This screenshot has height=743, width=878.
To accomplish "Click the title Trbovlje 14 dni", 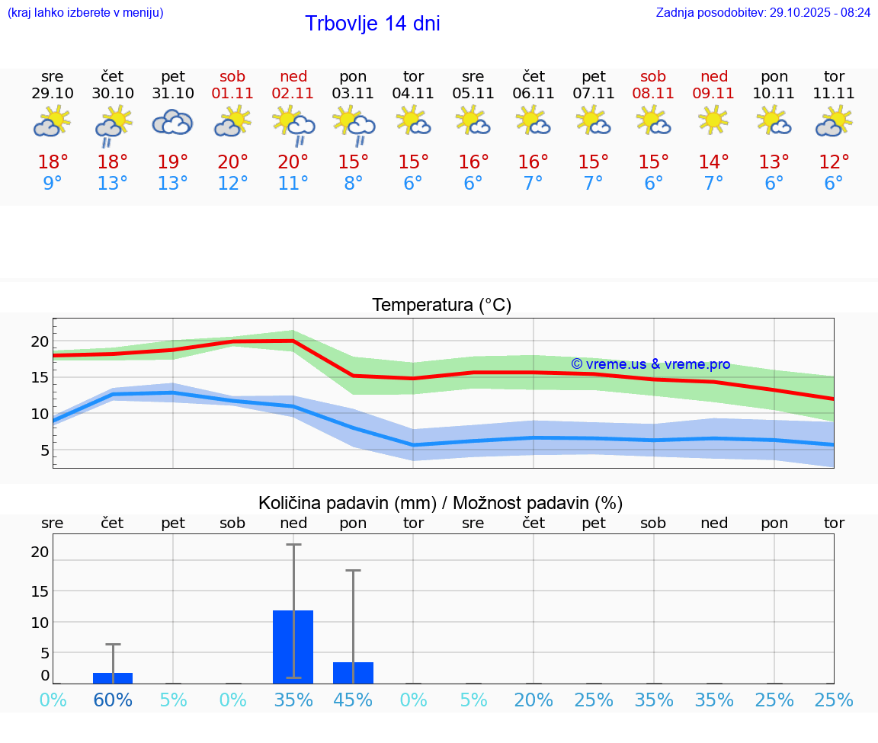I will [x=372, y=24].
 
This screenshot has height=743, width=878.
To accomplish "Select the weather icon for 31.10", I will [x=172, y=122].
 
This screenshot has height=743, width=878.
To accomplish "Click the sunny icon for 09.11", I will [x=713, y=120].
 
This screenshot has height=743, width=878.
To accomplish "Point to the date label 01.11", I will [x=232, y=94].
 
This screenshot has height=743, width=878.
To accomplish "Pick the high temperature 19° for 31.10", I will [x=173, y=162].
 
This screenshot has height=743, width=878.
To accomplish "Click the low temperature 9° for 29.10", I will [x=53, y=184].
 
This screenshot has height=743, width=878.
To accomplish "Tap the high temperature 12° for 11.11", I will [x=834, y=162].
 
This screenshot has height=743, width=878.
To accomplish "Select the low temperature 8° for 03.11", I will [x=353, y=184].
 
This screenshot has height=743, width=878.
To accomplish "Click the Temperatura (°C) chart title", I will [x=441, y=306].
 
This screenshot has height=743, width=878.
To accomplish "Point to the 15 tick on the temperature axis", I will [x=40, y=377].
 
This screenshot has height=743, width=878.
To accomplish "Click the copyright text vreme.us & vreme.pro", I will [x=650, y=364].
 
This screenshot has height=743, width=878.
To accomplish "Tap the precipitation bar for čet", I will [x=113, y=678].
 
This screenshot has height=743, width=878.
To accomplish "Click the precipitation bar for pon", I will [x=353, y=673].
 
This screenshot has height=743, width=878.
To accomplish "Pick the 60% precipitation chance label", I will [x=113, y=700].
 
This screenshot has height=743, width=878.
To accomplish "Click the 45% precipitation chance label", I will [x=353, y=700].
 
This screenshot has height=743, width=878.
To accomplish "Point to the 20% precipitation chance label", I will [x=534, y=700].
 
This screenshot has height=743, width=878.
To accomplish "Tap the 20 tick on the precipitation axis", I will [x=40, y=552].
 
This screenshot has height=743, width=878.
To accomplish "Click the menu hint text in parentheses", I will [x=85, y=12].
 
